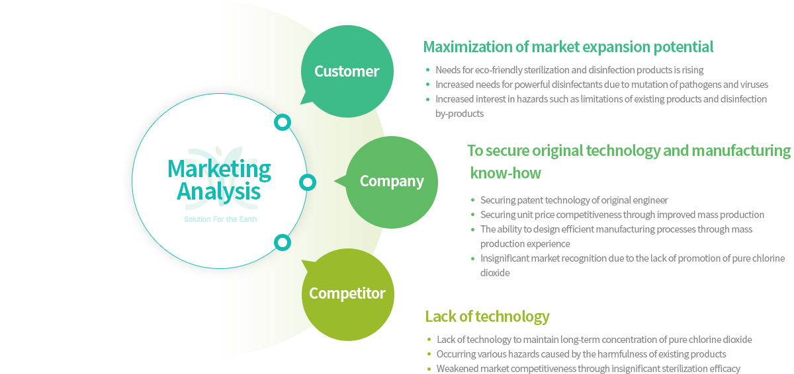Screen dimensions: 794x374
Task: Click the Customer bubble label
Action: [347, 71]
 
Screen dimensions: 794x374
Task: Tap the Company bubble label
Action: [392, 182]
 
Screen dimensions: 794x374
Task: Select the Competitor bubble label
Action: [347, 293]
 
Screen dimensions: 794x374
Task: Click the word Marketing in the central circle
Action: [219, 170]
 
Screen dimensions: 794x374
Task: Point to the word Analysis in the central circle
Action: [219, 192]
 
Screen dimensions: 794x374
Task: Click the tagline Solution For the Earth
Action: [220, 219]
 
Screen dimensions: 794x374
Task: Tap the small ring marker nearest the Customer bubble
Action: [283, 122]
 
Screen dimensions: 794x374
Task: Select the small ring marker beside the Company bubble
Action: [308, 182]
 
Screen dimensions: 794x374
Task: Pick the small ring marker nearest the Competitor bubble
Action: [283, 243]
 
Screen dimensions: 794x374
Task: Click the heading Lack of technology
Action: [487, 317]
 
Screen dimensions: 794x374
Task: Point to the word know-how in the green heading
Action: [506, 173]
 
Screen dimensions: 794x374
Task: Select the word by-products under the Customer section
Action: [459, 114]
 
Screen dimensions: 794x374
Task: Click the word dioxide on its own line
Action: [495, 273]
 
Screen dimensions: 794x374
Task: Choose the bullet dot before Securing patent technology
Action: [472, 200]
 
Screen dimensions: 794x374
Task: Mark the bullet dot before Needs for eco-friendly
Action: [428, 70]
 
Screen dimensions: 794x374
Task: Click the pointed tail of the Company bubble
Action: [335, 181]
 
